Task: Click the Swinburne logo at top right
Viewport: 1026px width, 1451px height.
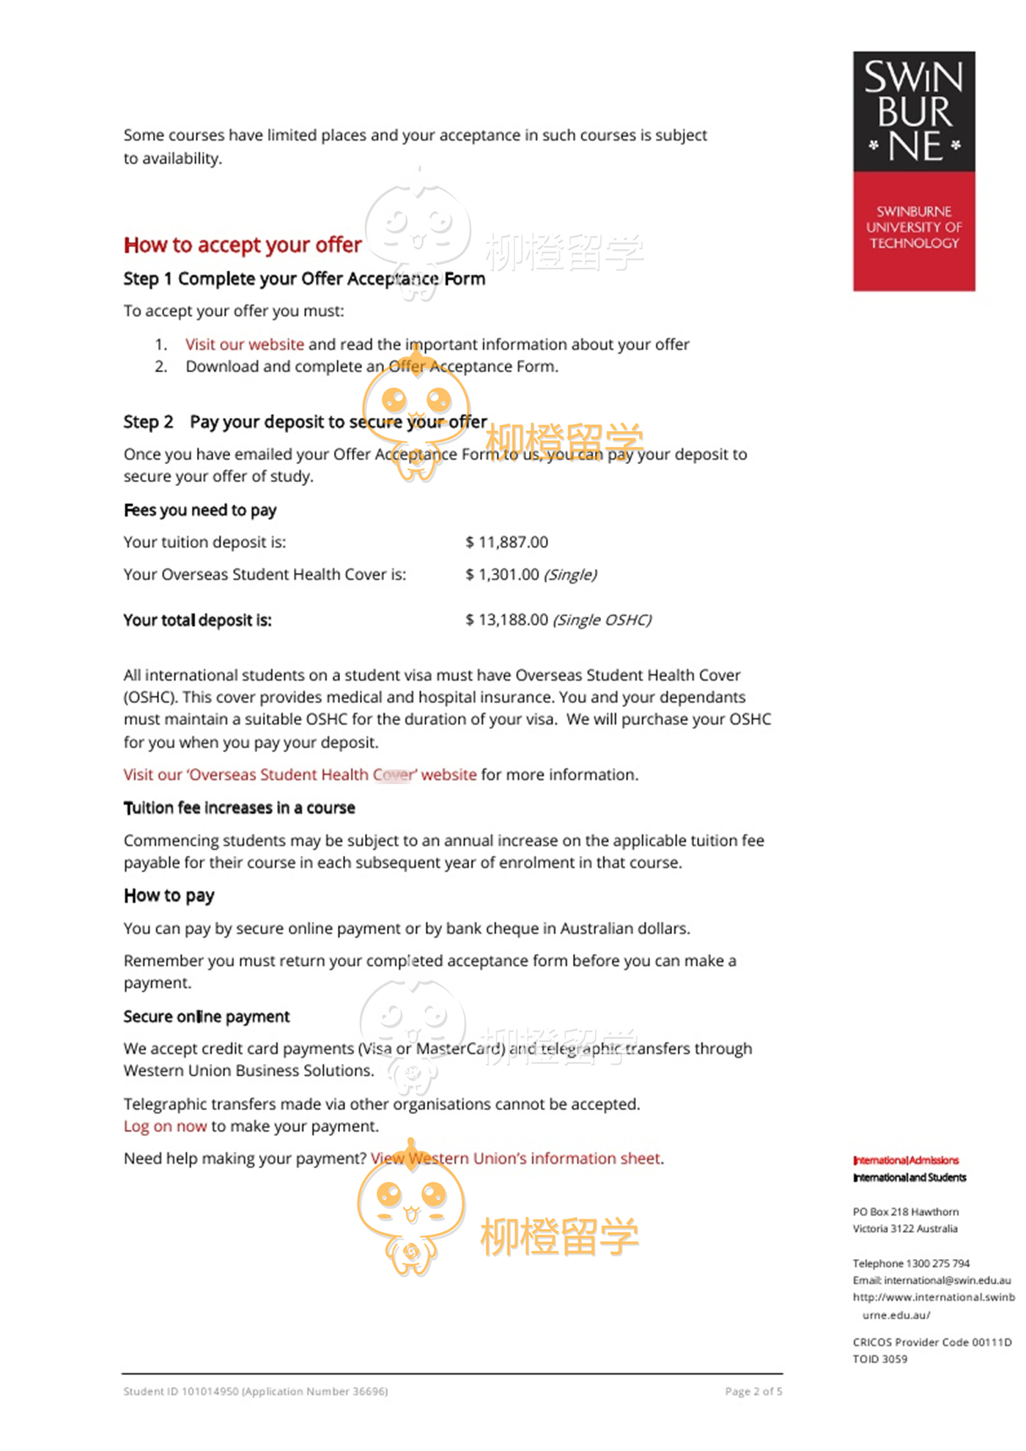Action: tap(913, 171)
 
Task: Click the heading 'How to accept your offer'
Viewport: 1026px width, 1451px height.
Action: tap(243, 245)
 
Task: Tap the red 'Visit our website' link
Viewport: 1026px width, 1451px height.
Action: tap(244, 344)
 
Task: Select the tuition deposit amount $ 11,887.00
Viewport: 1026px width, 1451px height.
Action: tap(507, 542)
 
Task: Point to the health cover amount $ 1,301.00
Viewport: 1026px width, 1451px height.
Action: tap(503, 575)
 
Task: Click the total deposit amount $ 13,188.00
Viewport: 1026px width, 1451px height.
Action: tap(507, 620)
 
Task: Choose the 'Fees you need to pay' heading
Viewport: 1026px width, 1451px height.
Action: tap(200, 510)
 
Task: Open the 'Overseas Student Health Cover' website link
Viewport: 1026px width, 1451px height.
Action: tap(300, 775)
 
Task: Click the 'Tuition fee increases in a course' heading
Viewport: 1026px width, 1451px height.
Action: tap(239, 808)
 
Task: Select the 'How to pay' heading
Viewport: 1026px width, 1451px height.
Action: tap(169, 896)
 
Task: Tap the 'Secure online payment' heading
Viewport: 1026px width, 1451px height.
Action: tap(207, 1016)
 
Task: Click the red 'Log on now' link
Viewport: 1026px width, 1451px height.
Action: tap(165, 1126)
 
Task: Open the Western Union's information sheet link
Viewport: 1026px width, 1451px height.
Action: tap(516, 1159)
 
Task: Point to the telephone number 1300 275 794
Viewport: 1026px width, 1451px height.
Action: tap(937, 1263)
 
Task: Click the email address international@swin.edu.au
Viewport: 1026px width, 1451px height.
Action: tap(947, 1280)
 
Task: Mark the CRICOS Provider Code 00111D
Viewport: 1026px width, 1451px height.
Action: tap(931, 1342)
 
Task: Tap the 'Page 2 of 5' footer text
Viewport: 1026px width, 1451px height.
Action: tap(753, 1391)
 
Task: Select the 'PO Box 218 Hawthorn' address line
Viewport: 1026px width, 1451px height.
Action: tap(905, 1212)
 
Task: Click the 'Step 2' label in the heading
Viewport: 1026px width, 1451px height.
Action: tap(148, 422)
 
